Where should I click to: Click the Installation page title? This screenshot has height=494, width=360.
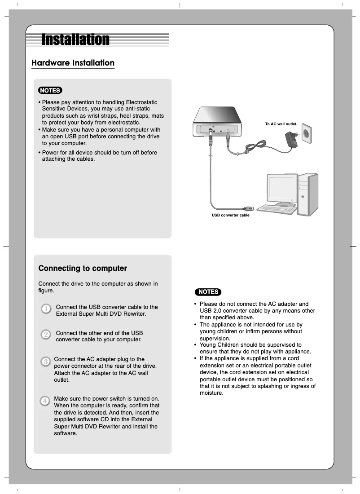[x=75, y=40]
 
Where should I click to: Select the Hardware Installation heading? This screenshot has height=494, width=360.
[x=73, y=63]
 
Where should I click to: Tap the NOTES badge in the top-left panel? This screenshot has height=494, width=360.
[x=50, y=90]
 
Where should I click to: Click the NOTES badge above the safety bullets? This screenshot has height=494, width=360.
[x=208, y=292]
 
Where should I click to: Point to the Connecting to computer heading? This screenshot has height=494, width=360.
[x=83, y=269]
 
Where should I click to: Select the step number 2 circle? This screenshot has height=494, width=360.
[x=46, y=335]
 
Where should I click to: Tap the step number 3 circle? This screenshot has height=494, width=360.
[x=45, y=362]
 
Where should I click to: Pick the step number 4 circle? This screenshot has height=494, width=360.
[x=45, y=401]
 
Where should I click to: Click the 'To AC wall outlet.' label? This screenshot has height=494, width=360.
[x=281, y=123]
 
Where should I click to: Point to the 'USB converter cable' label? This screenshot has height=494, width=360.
[x=230, y=215]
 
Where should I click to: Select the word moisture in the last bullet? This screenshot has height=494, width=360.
[x=211, y=393]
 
